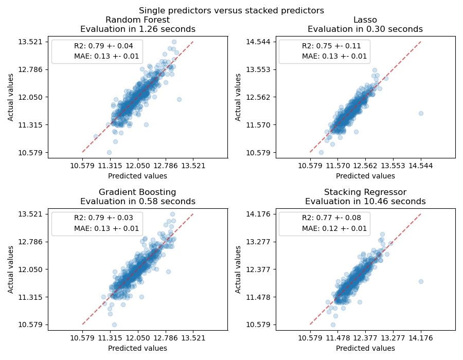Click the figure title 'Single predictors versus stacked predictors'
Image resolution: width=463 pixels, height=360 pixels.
tap(232, 10)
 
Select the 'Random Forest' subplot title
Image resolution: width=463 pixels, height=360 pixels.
tap(137, 20)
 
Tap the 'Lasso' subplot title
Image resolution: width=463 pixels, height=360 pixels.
tap(365, 20)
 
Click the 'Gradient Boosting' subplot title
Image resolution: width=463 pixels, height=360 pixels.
tap(137, 192)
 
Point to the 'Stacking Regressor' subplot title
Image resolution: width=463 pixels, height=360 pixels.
tap(365, 192)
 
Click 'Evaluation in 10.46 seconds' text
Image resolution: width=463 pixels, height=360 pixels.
tap(365, 202)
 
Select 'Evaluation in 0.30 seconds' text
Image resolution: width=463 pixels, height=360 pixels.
tap(365, 29)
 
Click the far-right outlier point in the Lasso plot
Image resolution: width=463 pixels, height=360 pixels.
tap(421, 113)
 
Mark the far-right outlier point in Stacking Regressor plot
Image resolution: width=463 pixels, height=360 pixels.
tap(421, 281)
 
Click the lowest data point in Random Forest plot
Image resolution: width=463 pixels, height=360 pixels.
tap(109, 152)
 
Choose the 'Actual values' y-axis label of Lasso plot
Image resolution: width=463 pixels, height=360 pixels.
tap(238, 97)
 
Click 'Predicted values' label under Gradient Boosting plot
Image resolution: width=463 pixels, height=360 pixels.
tap(137, 348)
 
